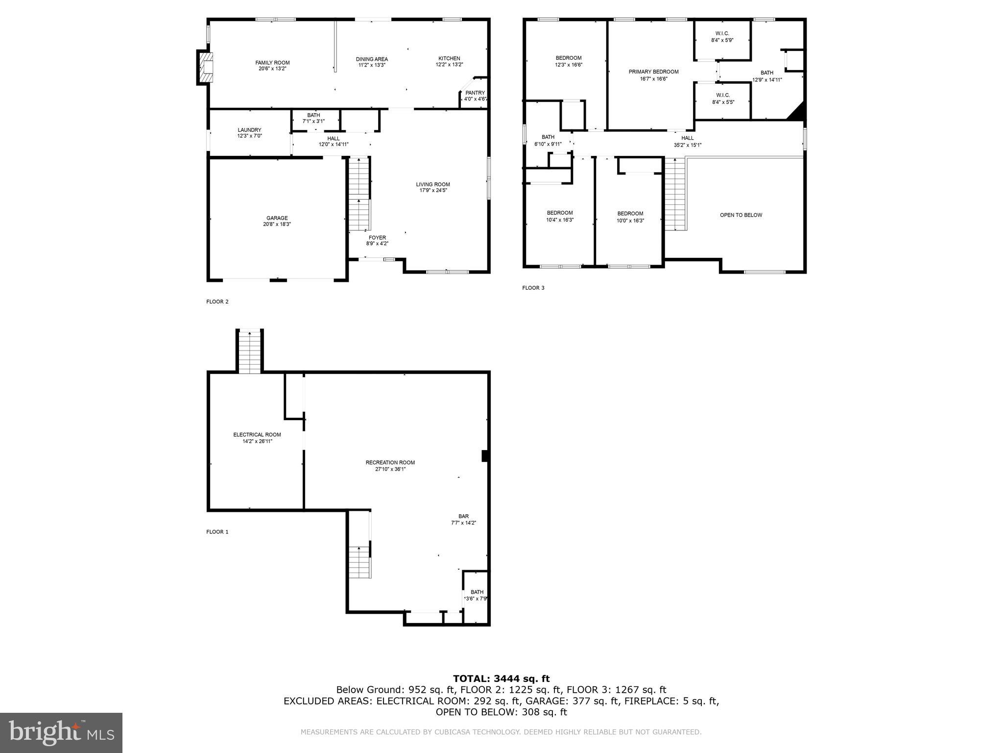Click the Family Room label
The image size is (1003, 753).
(x=272, y=63)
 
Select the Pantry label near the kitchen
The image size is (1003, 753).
(x=475, y=93)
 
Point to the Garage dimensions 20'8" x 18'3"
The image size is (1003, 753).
(x=277, y=225)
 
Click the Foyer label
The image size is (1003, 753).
(x=377, y=238)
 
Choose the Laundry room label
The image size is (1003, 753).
(x=249, y=130)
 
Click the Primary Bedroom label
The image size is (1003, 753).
(x=653, y=72)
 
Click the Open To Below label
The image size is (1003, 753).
(x=740, y=215)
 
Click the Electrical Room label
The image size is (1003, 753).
(x=257, y=435)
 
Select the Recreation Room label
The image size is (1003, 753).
(x=390, y=463)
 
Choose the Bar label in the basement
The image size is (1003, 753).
(x=463, y=516)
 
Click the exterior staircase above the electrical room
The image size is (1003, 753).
(x=250, y=351)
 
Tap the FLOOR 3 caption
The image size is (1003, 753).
(x=533, y=288)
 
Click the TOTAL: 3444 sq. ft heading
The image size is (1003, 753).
(x=501, y=679)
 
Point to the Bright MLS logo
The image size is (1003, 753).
(x=61, y=732)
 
